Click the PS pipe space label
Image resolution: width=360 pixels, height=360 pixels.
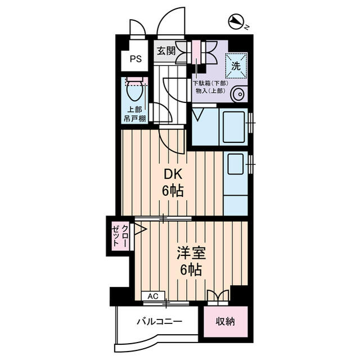pos(136,59)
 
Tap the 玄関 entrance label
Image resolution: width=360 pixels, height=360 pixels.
pos(166,51)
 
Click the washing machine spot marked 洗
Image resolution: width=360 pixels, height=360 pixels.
pos(236,66)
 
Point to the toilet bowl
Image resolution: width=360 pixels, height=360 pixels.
pos(134,90)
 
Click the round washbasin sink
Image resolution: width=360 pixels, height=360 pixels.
pos(240,94)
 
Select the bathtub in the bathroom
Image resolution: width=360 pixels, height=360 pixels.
pos(234,127)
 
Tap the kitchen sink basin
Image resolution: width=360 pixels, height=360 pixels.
pos(235,164)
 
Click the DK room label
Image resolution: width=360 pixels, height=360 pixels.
pos(173,174)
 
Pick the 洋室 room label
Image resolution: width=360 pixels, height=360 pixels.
pos(191,253)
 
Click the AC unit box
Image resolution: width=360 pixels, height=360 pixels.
pos(153,296)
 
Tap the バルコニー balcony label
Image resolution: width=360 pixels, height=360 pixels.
pos(160,321)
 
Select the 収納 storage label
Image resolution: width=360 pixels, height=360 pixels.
pos(226,321)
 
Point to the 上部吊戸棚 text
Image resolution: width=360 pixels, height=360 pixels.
pos(135,114)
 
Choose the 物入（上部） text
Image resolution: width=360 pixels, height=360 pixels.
pos(210,91)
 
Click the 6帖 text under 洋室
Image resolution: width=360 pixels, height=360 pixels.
pos(191,269)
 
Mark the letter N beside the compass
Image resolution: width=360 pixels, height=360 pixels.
pos(247,28)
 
